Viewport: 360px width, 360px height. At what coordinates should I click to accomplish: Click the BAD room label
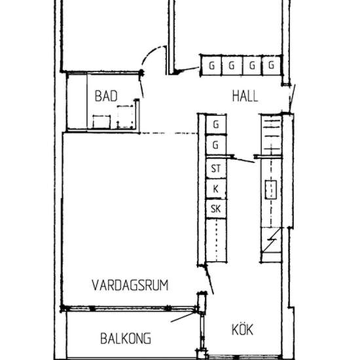coord(106,96)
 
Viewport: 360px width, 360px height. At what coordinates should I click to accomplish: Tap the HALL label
coord(245,96)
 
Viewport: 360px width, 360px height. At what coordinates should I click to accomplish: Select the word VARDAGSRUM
coord(130,285)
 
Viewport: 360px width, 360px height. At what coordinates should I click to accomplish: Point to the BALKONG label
coord(126,338)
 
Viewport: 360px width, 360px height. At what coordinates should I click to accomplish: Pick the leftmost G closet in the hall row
coord(211,65)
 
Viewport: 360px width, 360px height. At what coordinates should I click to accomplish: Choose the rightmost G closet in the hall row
coord(270,65)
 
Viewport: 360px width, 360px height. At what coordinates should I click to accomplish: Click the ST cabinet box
coord(215,169)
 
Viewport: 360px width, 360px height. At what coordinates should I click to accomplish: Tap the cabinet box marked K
coord(215,189)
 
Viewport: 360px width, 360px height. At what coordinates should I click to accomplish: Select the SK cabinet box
coord(215,209)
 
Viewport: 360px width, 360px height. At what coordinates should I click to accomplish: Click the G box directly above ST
coord(215,145)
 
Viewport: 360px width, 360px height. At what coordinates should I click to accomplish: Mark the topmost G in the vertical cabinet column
coord(215,124)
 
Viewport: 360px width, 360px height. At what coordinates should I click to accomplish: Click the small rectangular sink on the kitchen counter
coord(270,190)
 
